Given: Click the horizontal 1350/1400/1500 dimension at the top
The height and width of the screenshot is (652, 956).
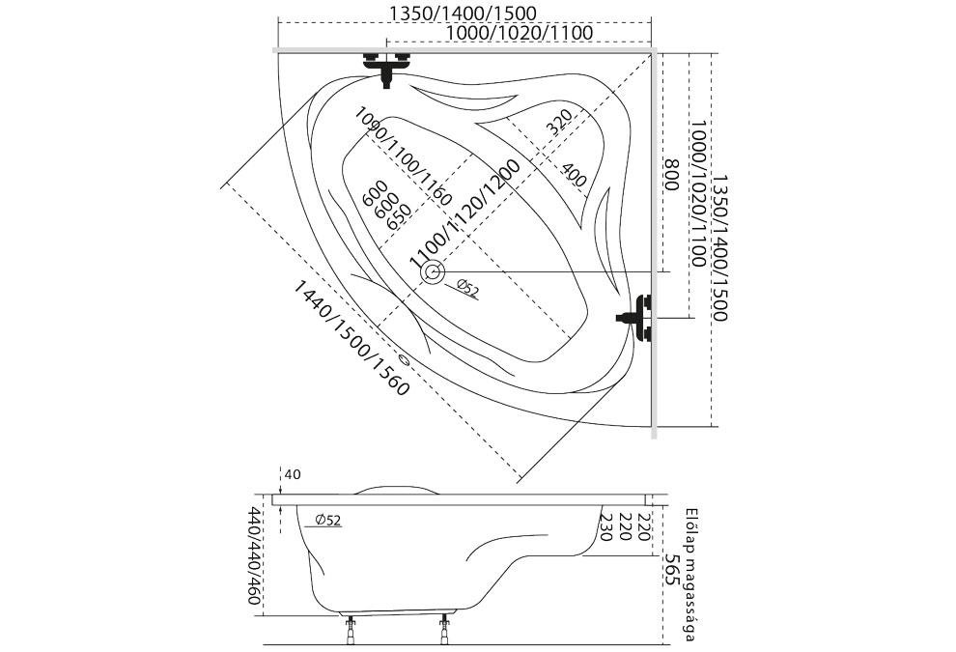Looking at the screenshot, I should (x=463, y=14).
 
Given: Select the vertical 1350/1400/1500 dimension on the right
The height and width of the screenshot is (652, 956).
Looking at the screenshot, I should (x=720, y=247).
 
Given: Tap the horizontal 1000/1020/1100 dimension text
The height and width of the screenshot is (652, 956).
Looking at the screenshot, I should (x=520, y=33).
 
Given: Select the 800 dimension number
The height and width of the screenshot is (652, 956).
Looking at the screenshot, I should (x=669, y=175).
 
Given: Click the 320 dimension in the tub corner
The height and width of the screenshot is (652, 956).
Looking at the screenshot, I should (x=558, y=123).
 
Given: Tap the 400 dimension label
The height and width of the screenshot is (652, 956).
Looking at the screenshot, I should (x=573, y=175).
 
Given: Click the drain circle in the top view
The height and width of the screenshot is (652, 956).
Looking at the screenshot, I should (x=431, y=273).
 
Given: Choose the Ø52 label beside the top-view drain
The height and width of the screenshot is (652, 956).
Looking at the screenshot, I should (x=466, y=288).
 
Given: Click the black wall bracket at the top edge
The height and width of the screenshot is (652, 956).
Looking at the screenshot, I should (x=386, y=66).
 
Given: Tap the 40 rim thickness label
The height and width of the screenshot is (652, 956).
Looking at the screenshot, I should (x=294, y=474).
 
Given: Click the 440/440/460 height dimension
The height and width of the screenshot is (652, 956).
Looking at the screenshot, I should (x=255, y=555).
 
